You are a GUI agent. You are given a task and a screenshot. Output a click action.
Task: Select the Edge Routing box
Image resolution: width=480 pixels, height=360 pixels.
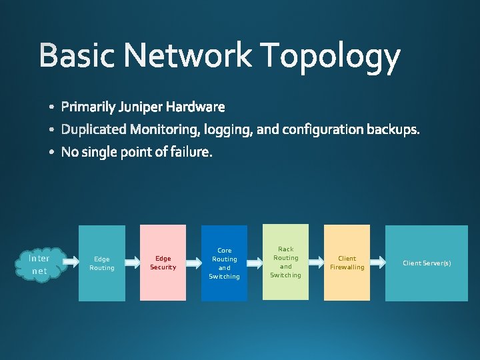102,263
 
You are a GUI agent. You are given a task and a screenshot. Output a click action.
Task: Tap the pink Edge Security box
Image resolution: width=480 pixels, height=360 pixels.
163,263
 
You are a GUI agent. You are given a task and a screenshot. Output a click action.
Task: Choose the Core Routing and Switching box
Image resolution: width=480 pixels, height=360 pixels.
224,263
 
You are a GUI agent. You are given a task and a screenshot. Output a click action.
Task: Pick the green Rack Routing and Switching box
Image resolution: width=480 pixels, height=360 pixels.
285,262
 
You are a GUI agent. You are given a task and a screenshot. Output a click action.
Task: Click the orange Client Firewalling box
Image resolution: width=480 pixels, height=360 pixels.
347,263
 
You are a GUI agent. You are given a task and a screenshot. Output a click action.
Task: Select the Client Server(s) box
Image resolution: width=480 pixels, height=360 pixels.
427,263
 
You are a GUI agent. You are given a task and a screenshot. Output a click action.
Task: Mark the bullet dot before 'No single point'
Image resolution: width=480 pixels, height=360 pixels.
52,153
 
